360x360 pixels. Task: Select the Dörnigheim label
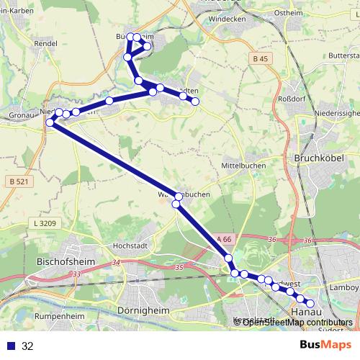click(x=142, y=311)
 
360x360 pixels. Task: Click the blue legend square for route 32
click(x=10, y=346)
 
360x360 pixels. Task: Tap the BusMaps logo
click(x=325, y=346)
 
